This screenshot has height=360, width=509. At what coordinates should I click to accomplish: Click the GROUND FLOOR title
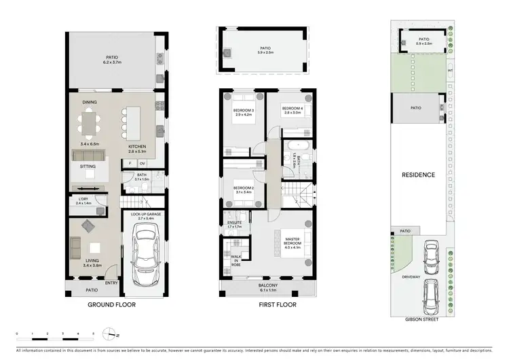tap(117, 305)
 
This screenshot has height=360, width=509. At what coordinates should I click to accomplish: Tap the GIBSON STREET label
tap(421, 319)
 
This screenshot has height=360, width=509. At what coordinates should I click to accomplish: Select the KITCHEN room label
tap(138, 147)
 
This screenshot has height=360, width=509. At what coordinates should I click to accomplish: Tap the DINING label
tap(90, 103)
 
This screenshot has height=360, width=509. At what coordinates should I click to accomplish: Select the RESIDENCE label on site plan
tap(418, 175)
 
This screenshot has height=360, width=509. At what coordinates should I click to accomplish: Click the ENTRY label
tap(111, 284)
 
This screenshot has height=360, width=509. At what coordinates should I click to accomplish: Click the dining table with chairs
tap(90, 124)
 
